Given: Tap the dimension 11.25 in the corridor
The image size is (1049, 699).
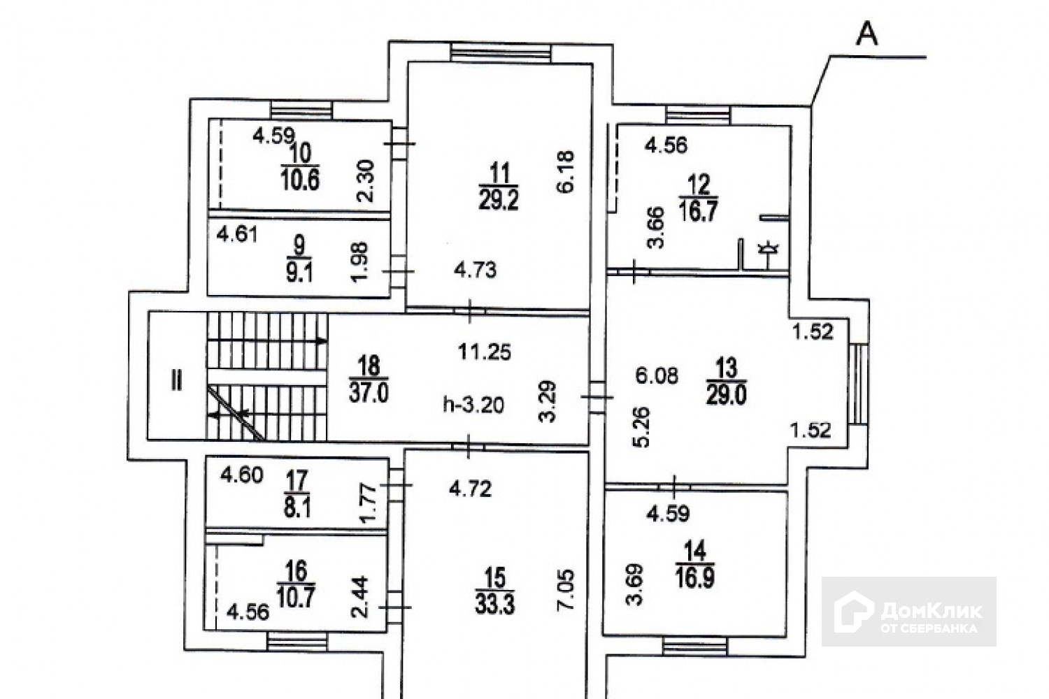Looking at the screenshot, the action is pyautogui.click(x=484, y=352).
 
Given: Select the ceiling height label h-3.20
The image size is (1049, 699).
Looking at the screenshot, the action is pyautogui.click(x=474, y=405).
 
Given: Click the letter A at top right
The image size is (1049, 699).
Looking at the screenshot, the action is pyautogui.click(x=867, y=35).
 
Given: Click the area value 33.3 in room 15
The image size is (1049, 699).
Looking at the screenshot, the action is pyautogui.click(x=495, y=605).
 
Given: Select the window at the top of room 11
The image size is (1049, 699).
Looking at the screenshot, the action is pyautogui.click(x=500, y=52).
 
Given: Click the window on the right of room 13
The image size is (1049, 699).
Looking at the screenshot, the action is pyautogui.click(x=858, y=384).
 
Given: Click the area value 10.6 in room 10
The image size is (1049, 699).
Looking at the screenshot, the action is pyautogui.click(x=300, y=180).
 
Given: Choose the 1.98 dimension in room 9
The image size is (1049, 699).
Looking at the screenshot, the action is pyautogui.click(x=359, y=261).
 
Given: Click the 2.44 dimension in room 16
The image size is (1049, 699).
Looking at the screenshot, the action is pyautogui.click(x=359, y=597).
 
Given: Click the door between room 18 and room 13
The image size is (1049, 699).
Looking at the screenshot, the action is pyautogui.click(x=597, y=398).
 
